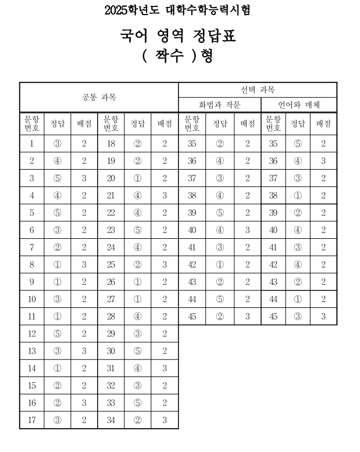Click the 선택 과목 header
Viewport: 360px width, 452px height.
(257, 90)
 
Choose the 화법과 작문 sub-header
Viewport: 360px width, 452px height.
(220, 105)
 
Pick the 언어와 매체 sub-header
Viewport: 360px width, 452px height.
(299, 105)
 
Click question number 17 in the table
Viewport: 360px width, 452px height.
(32, 421)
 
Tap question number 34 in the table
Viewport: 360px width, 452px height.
(111, 421)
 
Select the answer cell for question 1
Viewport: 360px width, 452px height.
(57, 144)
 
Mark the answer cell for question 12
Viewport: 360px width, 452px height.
(57, 333)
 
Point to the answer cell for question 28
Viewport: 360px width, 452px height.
(137, 317)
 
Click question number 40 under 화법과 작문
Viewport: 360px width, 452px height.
(192, 230)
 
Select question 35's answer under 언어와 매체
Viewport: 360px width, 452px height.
(298, 144)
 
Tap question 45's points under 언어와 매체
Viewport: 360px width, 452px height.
(323, 317)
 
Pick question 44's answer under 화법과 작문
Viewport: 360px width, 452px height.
(220, 299)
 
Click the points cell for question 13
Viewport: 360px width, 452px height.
(84, 351)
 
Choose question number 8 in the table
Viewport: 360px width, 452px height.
(32, 265)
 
